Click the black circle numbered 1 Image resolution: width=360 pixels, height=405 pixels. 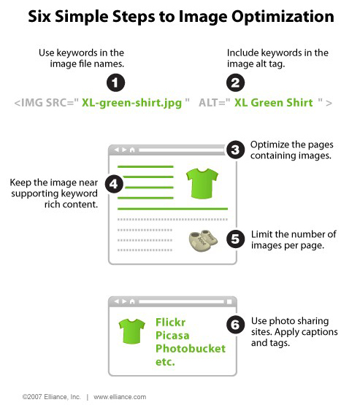click(115, 83)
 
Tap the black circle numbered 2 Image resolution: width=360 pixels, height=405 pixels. click(235, 83)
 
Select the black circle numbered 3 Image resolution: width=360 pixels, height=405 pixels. click(235, 150)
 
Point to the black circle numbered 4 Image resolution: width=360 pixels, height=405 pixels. click(114, 184)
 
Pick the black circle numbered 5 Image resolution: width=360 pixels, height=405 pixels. click(235, 239)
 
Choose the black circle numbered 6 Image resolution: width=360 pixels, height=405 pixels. click(235, 325)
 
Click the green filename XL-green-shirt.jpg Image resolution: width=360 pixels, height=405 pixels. click(131, 103)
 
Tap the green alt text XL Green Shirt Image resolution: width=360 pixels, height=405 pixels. click(273, 103)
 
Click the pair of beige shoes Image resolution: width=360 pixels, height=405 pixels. click(203, 241)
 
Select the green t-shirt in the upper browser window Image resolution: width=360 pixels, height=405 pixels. click(202, 183)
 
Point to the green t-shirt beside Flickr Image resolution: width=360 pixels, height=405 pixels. click(131, 331)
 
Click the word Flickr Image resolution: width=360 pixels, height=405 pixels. click(171, 323)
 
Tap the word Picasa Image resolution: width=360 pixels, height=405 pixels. click(172, 336)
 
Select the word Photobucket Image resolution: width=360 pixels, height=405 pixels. click(191, 349)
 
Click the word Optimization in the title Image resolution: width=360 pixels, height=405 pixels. click(283, 17)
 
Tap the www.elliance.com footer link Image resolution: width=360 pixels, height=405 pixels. click(120, 397)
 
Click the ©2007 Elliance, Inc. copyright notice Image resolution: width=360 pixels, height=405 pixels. click(51, 397)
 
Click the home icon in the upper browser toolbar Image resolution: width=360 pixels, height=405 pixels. click(132, 150)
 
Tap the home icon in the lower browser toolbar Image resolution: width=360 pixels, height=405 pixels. click(132, 301)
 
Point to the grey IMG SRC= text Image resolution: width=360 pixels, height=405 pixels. click(46, 103)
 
